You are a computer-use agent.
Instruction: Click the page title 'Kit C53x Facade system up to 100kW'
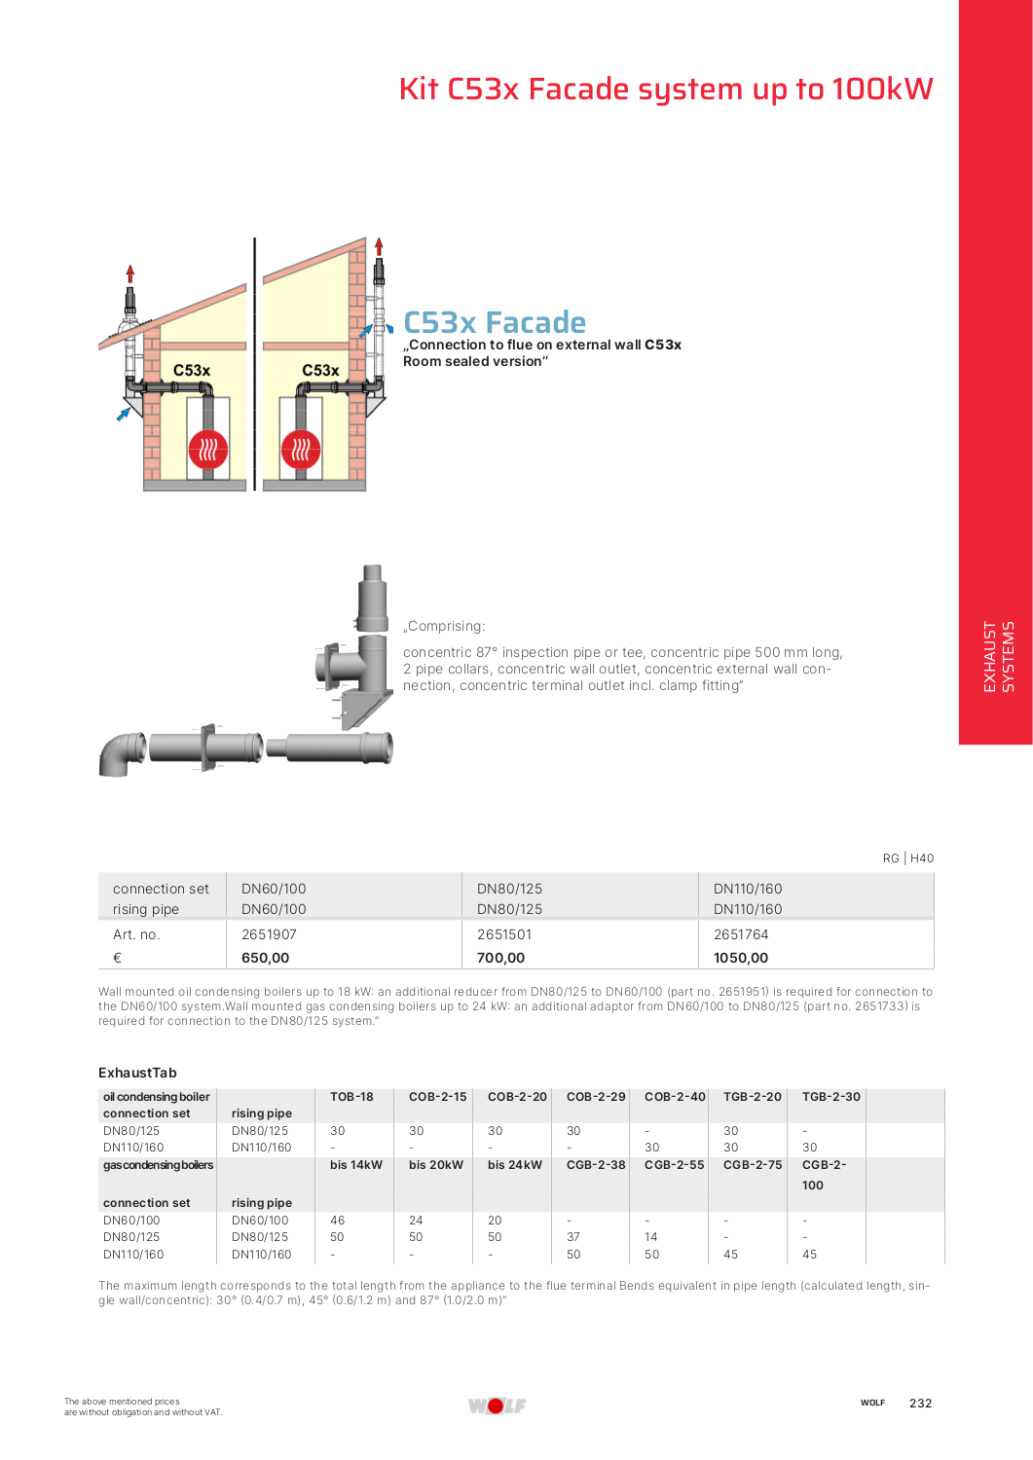[x=665, y=90]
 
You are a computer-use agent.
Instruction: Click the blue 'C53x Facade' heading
[x=495, y=322]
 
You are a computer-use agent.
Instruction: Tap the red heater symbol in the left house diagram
[x=207, y=450]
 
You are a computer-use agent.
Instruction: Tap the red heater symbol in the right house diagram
[x=301, y=450]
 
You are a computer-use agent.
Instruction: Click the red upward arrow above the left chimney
[x=130, y=274]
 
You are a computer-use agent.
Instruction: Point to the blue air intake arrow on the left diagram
[x=124, y=414]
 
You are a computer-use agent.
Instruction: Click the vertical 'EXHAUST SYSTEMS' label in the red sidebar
[x=998, y=656]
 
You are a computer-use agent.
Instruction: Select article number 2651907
[x=269, y=934]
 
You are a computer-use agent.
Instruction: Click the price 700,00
[x=500, y=958]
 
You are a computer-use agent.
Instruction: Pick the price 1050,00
[x=740, y=958]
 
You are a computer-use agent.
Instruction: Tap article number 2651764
[x=740, y=934]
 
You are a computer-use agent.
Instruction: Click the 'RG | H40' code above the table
[x=907, y=858]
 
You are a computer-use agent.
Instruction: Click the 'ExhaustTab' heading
[x=137, y=1073]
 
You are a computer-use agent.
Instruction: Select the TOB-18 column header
[x=351, y=1097]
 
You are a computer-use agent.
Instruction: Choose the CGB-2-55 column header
[x=674, y=1165]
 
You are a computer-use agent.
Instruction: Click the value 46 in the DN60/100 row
[x=337, y=1221]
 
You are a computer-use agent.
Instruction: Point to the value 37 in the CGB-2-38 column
[x=572, y=1237]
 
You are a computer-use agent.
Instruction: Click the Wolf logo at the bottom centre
[x=497, y=1405]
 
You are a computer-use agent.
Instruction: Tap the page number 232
[x=920, y=1404]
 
